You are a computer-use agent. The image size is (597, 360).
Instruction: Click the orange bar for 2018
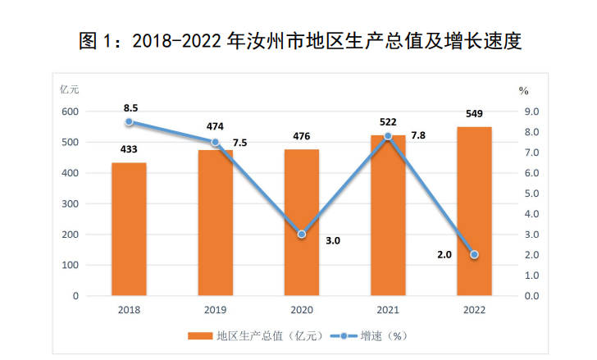tap(129, 229)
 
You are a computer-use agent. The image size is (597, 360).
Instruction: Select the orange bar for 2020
tap(301, 221)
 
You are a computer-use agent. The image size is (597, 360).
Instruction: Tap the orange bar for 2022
tap(474, 211)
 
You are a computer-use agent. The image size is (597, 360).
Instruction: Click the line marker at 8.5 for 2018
tap(129, 122)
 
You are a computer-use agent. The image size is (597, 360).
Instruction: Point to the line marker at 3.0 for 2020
tap(301, 235)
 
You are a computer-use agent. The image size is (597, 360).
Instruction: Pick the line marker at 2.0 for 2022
tap(474, 255)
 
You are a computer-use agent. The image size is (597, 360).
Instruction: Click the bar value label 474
tap(216, 125)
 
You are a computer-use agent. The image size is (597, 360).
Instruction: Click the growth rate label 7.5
tap(239, 142)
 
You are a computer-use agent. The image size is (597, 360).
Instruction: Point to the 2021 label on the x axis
tap(387, 310)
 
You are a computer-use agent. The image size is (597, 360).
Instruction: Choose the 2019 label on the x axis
tap(216, 310)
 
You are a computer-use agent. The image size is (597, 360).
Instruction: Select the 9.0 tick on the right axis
tap(532, 112)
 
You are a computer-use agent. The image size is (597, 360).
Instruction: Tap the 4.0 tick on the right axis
tap(532, 214)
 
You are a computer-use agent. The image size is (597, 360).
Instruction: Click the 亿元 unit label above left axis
tap(69, 89)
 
